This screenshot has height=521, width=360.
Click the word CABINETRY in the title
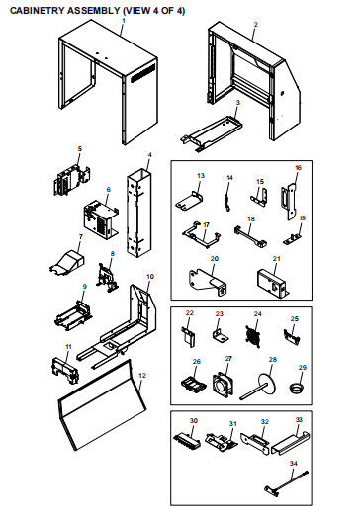coord(38,11)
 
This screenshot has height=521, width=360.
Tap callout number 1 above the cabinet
coord(124,21)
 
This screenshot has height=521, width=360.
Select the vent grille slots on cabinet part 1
coord(143,73)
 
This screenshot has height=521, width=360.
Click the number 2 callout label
coord(255,25)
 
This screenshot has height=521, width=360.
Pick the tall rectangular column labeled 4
coord(138,213)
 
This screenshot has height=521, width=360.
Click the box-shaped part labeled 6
coord(101,218)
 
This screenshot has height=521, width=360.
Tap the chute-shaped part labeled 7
coord(68,262)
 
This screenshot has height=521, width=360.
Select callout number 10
coord(150,277)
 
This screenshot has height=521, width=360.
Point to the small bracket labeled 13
coord(189,201)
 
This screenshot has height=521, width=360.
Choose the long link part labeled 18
coord(250,235)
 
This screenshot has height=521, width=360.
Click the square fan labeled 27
coord(224,386)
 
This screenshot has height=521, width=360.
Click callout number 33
coord(299,420)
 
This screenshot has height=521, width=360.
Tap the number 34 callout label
coord(293,464)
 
